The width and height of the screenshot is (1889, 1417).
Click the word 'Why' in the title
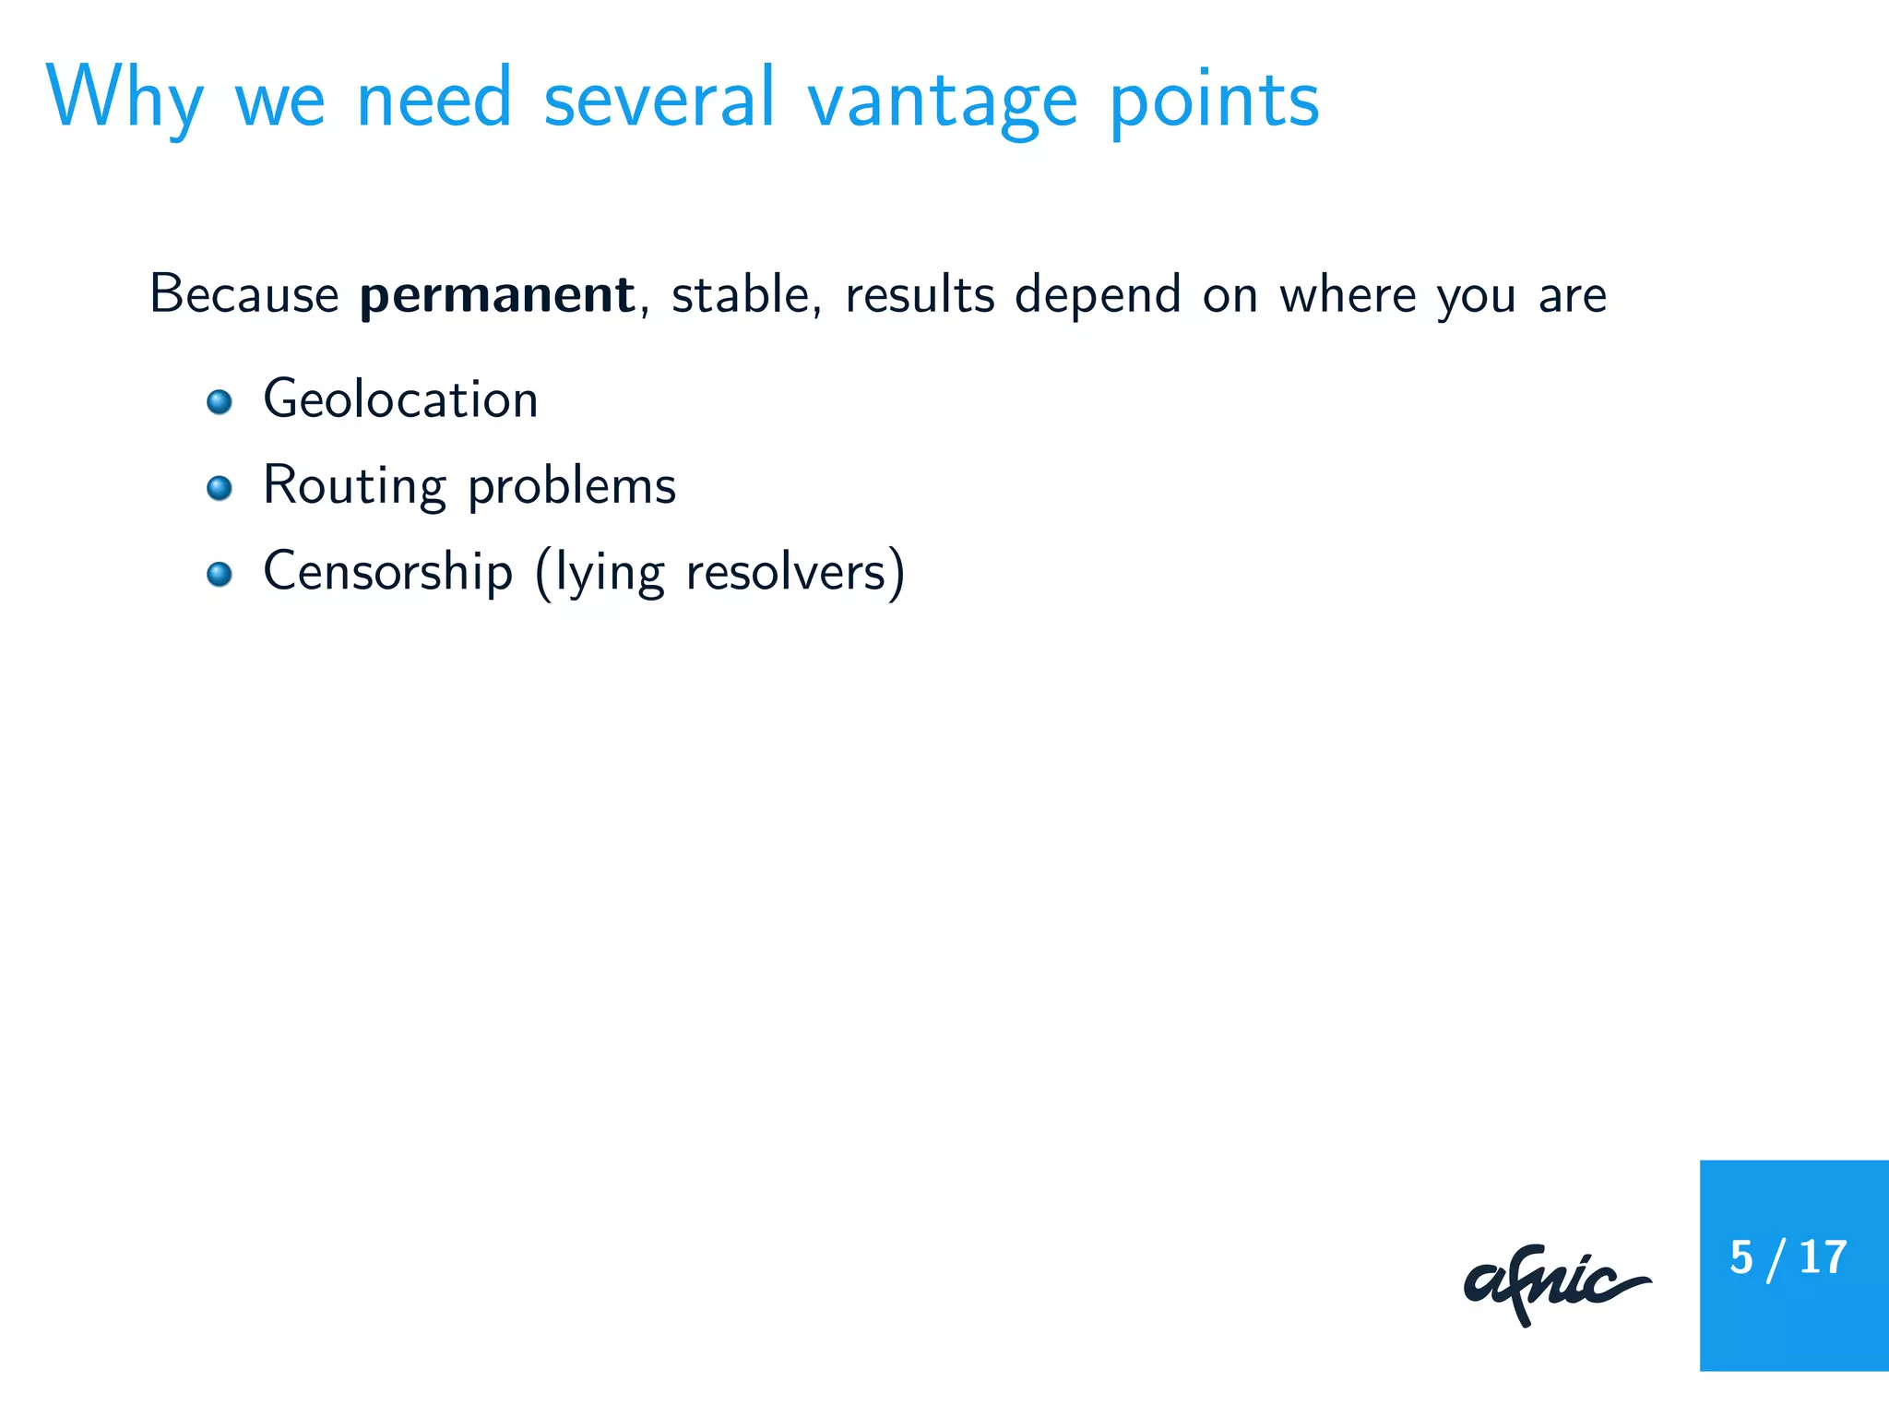coord(124,100)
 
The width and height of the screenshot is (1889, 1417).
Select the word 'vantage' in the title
coord(942,101)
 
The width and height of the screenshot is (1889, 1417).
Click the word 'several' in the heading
coord(659,100)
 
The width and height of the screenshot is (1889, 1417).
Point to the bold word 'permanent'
coord(496,295)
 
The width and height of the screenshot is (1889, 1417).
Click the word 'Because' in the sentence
coord(244,295)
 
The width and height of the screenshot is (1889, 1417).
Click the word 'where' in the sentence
coord(1347,295)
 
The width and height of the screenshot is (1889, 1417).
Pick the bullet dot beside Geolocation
coord(220,402)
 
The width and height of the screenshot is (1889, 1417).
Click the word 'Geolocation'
coord(400,399)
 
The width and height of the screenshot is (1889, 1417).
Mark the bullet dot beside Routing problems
coord(220,488)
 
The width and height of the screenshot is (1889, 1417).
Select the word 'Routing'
coord(354,486)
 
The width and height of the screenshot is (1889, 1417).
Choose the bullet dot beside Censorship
coord(220,575)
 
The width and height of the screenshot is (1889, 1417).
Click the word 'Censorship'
coord(387,572)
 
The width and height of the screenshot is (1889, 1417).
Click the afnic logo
coord(1555,1284)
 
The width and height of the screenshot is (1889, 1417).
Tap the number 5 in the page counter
coord(1740,1257)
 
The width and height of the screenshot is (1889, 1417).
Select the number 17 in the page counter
coord(1823,1257)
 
